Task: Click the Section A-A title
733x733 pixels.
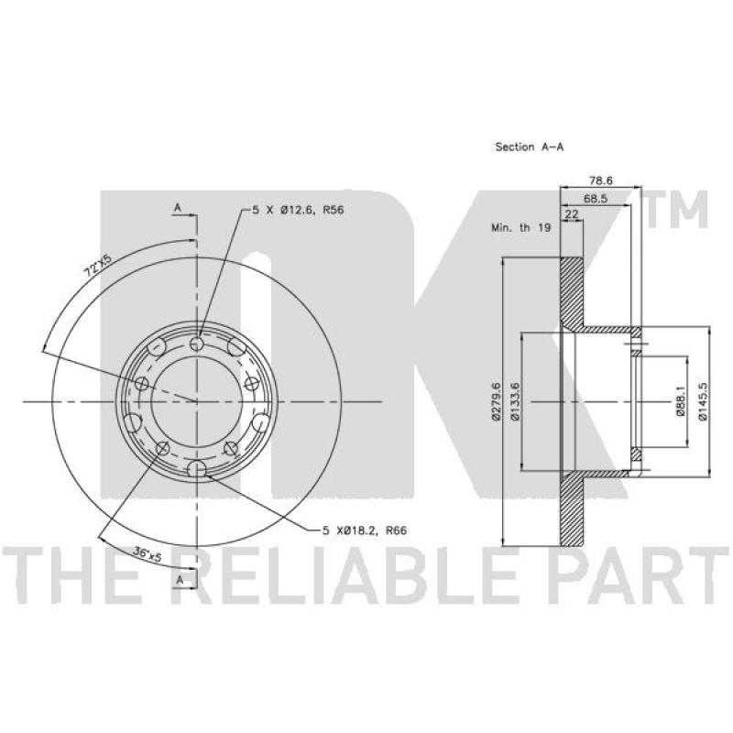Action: click(x=530, y=147)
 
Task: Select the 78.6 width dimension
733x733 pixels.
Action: click(x=601, y=180)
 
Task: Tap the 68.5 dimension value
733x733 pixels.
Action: click(x=595, y=198)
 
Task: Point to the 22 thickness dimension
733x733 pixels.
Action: click(x=572, y=214)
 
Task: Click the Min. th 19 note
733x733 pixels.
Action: click(x=520, y=227)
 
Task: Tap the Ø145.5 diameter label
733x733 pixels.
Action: click(x=702, y=401)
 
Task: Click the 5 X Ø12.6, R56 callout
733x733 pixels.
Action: click(x=298, y=210)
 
